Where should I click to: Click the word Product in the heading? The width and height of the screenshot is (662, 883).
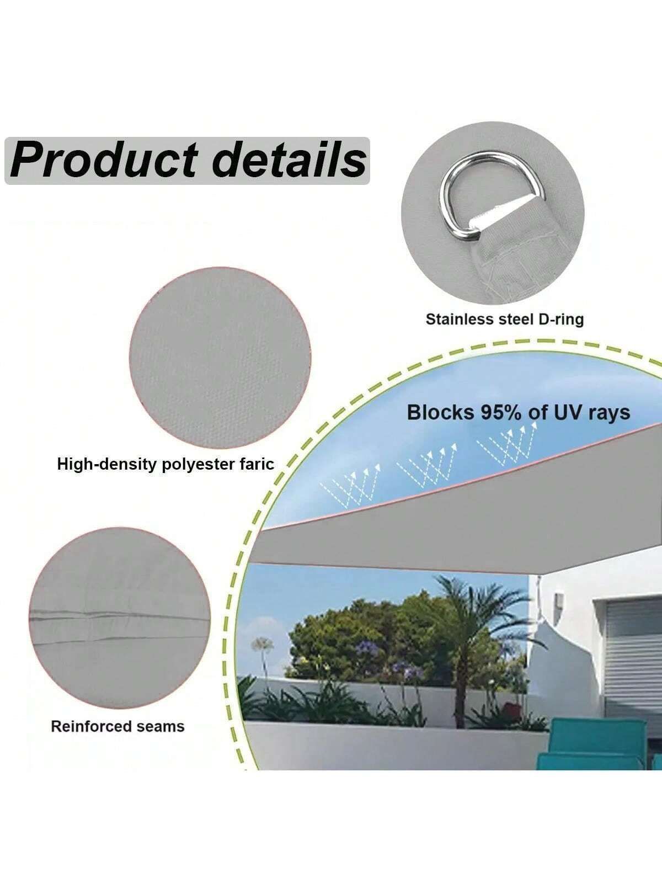(x=104, y=160)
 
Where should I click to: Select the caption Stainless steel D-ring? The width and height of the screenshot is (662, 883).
(x=504, y=320)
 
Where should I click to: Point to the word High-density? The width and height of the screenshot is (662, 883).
(x=107, y=465)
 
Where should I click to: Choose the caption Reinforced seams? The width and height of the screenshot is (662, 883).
(x=118, y=726)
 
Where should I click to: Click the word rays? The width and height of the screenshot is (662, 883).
(x=610, y=414)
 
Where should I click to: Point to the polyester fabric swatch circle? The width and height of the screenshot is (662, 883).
(x=220, y=358)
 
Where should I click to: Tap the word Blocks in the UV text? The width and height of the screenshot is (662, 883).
(x=441, y=413)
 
